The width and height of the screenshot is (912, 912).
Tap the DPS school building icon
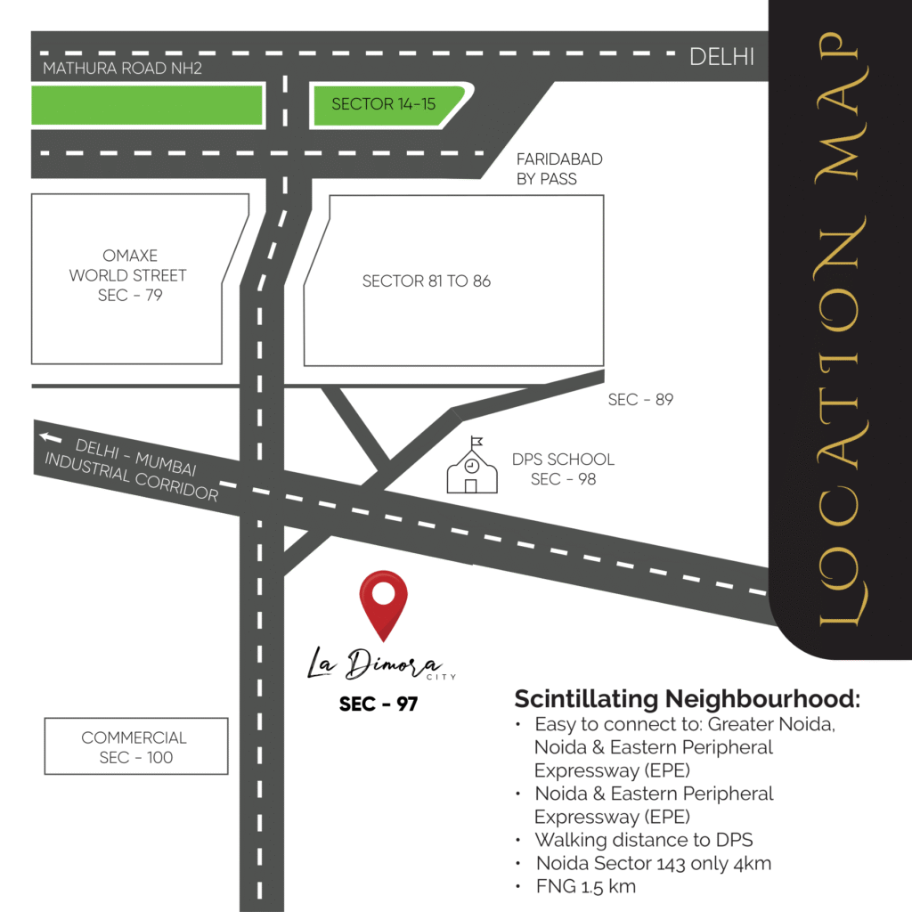(470, 467)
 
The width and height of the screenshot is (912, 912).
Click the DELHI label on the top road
(722, 58)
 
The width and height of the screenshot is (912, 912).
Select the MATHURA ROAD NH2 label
(123, 69)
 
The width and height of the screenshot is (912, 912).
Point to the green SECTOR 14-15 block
(384, 105)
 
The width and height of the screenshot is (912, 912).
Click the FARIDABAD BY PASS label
(559, 168)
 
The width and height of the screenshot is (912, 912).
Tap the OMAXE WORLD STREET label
(129, 275)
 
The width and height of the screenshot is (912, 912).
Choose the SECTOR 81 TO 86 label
(427, 281)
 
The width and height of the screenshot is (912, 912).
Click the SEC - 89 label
(640, 400)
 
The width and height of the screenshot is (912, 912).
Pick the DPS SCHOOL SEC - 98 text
(563, 469)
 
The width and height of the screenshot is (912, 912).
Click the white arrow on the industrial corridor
(50, 437)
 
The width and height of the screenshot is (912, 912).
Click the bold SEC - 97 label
(379, 704)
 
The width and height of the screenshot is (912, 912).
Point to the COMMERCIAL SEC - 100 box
(136, 747)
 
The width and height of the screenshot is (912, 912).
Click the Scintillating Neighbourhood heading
(688, 698)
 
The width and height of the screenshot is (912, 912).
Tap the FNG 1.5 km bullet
(586, 886)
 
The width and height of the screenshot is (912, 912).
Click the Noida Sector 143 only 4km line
(653, 863)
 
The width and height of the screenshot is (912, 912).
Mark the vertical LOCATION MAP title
(842, 330)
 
